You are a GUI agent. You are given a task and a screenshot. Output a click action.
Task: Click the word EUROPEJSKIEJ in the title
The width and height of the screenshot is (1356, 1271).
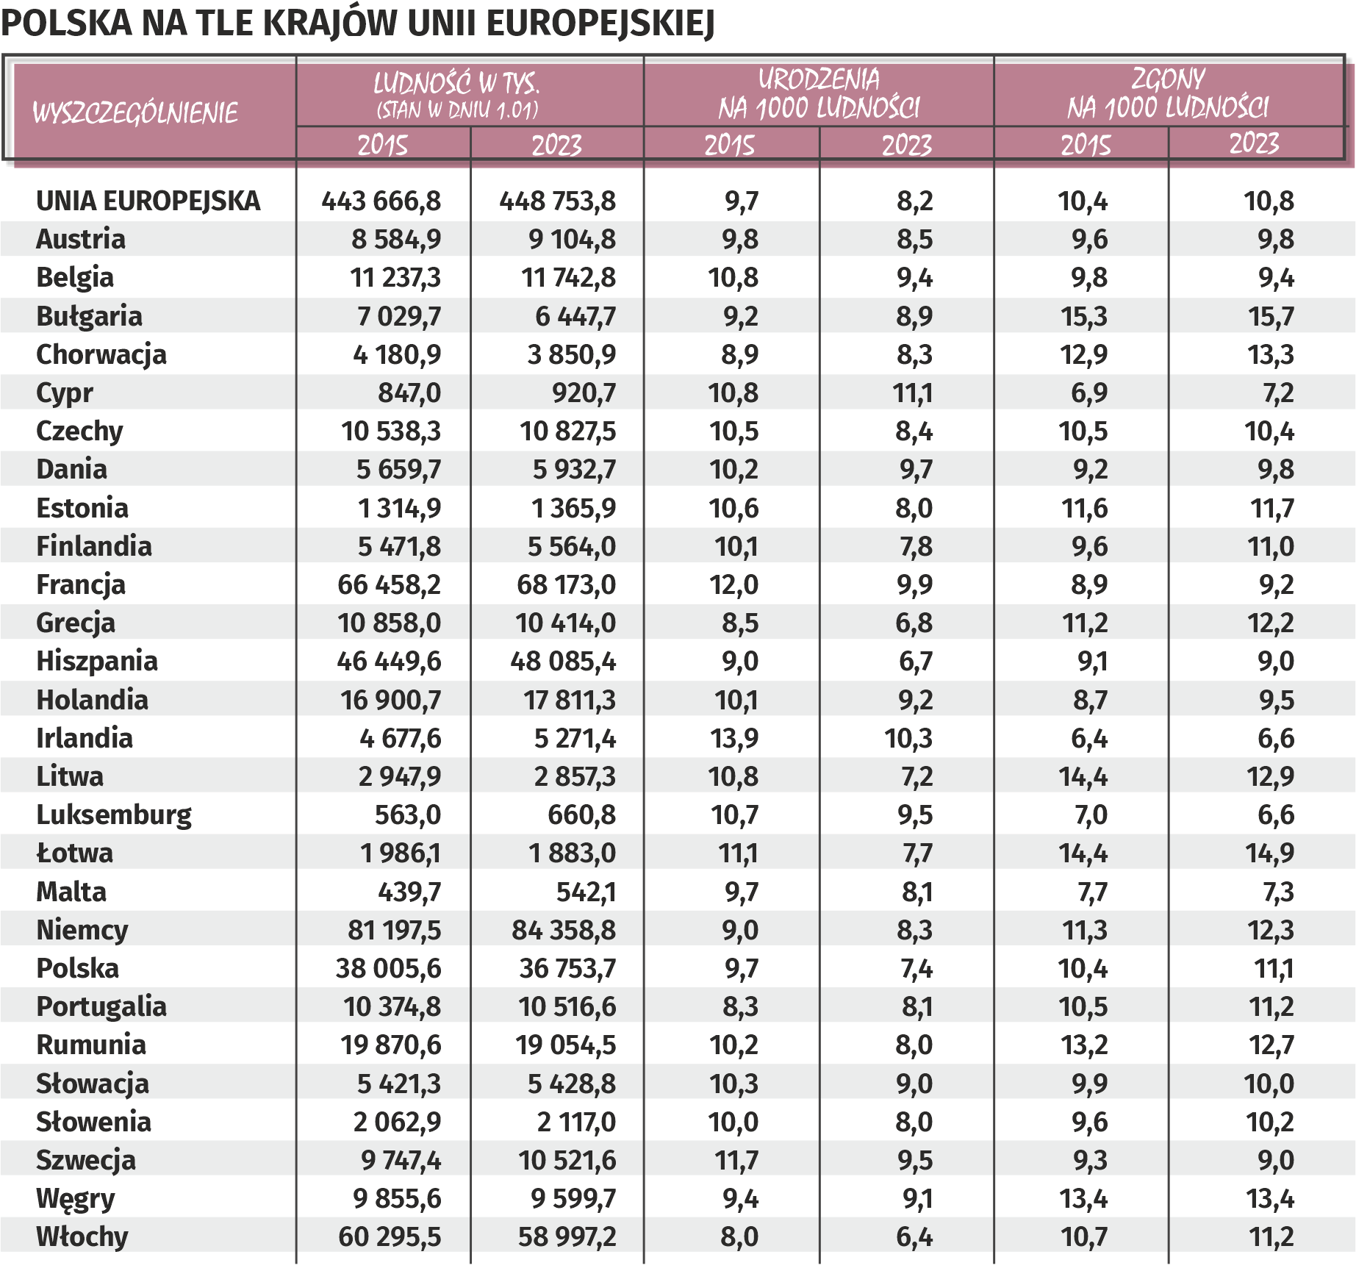point(600,24)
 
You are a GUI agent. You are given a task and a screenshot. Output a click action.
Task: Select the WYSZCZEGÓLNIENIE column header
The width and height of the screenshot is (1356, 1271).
point(135,113)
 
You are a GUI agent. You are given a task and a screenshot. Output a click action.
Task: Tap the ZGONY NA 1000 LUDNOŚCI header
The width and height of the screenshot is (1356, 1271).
point(1168,93)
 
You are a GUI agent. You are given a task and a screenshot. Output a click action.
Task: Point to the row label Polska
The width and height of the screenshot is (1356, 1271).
point(77,968)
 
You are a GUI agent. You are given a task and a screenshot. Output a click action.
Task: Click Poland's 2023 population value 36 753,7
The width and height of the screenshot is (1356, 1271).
point(567,969)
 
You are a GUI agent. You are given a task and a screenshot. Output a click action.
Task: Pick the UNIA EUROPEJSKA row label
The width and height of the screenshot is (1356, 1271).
point(148,201)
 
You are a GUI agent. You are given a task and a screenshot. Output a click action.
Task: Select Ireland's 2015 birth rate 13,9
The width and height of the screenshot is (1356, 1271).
point(734,738)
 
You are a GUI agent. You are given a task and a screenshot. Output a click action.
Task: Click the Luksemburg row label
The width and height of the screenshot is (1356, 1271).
point(114,815)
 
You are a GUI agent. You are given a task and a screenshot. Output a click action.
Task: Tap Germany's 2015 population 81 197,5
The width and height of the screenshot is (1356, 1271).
point(394,930)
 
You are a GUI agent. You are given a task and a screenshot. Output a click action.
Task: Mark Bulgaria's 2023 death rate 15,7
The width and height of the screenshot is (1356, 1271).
point(1271,317)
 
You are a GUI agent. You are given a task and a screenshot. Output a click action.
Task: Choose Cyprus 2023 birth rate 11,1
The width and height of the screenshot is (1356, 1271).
point(913,393)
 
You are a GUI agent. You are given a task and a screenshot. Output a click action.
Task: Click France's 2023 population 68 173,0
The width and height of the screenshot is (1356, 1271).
point(566,585)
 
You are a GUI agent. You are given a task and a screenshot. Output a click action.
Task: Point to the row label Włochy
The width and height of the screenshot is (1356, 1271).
point(82,1236)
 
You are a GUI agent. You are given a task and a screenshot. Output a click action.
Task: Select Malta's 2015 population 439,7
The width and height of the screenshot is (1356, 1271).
point(409,892)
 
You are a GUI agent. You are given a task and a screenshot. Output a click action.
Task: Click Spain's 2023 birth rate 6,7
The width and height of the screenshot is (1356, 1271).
point(916,662)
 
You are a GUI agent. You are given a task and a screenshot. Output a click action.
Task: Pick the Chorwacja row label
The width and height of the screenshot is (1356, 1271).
point(101,354)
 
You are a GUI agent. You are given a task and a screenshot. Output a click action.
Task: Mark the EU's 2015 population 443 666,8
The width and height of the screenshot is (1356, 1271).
point(381,201)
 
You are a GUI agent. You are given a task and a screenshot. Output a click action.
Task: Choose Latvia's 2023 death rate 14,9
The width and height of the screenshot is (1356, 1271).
point(1270,853)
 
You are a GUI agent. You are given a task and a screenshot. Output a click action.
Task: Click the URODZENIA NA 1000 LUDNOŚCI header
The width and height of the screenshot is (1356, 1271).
point(819,93)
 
